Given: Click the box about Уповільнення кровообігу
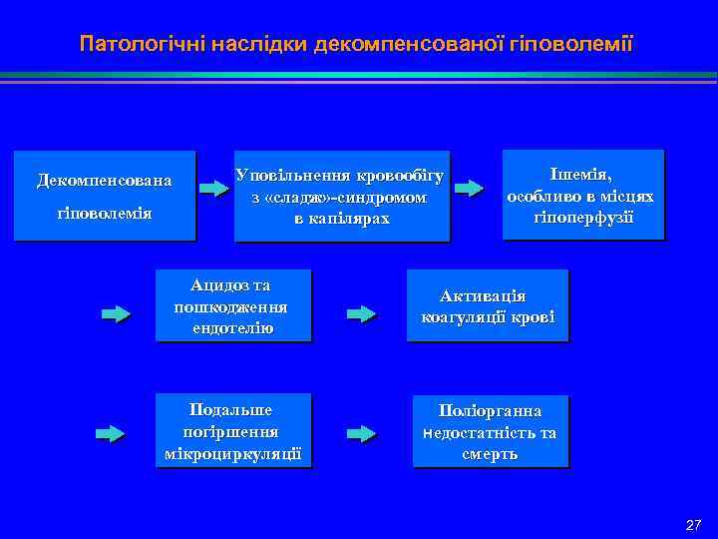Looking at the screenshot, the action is (341, 196).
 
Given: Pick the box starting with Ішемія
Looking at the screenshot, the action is (581, 195).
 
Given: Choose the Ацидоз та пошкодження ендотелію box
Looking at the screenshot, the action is (230, 305).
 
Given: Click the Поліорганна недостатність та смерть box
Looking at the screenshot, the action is (490, 432).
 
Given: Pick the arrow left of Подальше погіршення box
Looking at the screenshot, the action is (111, 434).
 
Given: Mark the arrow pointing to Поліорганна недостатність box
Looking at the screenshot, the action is (361, 434).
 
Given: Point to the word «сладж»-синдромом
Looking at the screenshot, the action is (339, 198).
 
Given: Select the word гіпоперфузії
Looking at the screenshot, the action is (581, 217).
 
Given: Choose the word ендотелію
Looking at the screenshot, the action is (230, 327).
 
